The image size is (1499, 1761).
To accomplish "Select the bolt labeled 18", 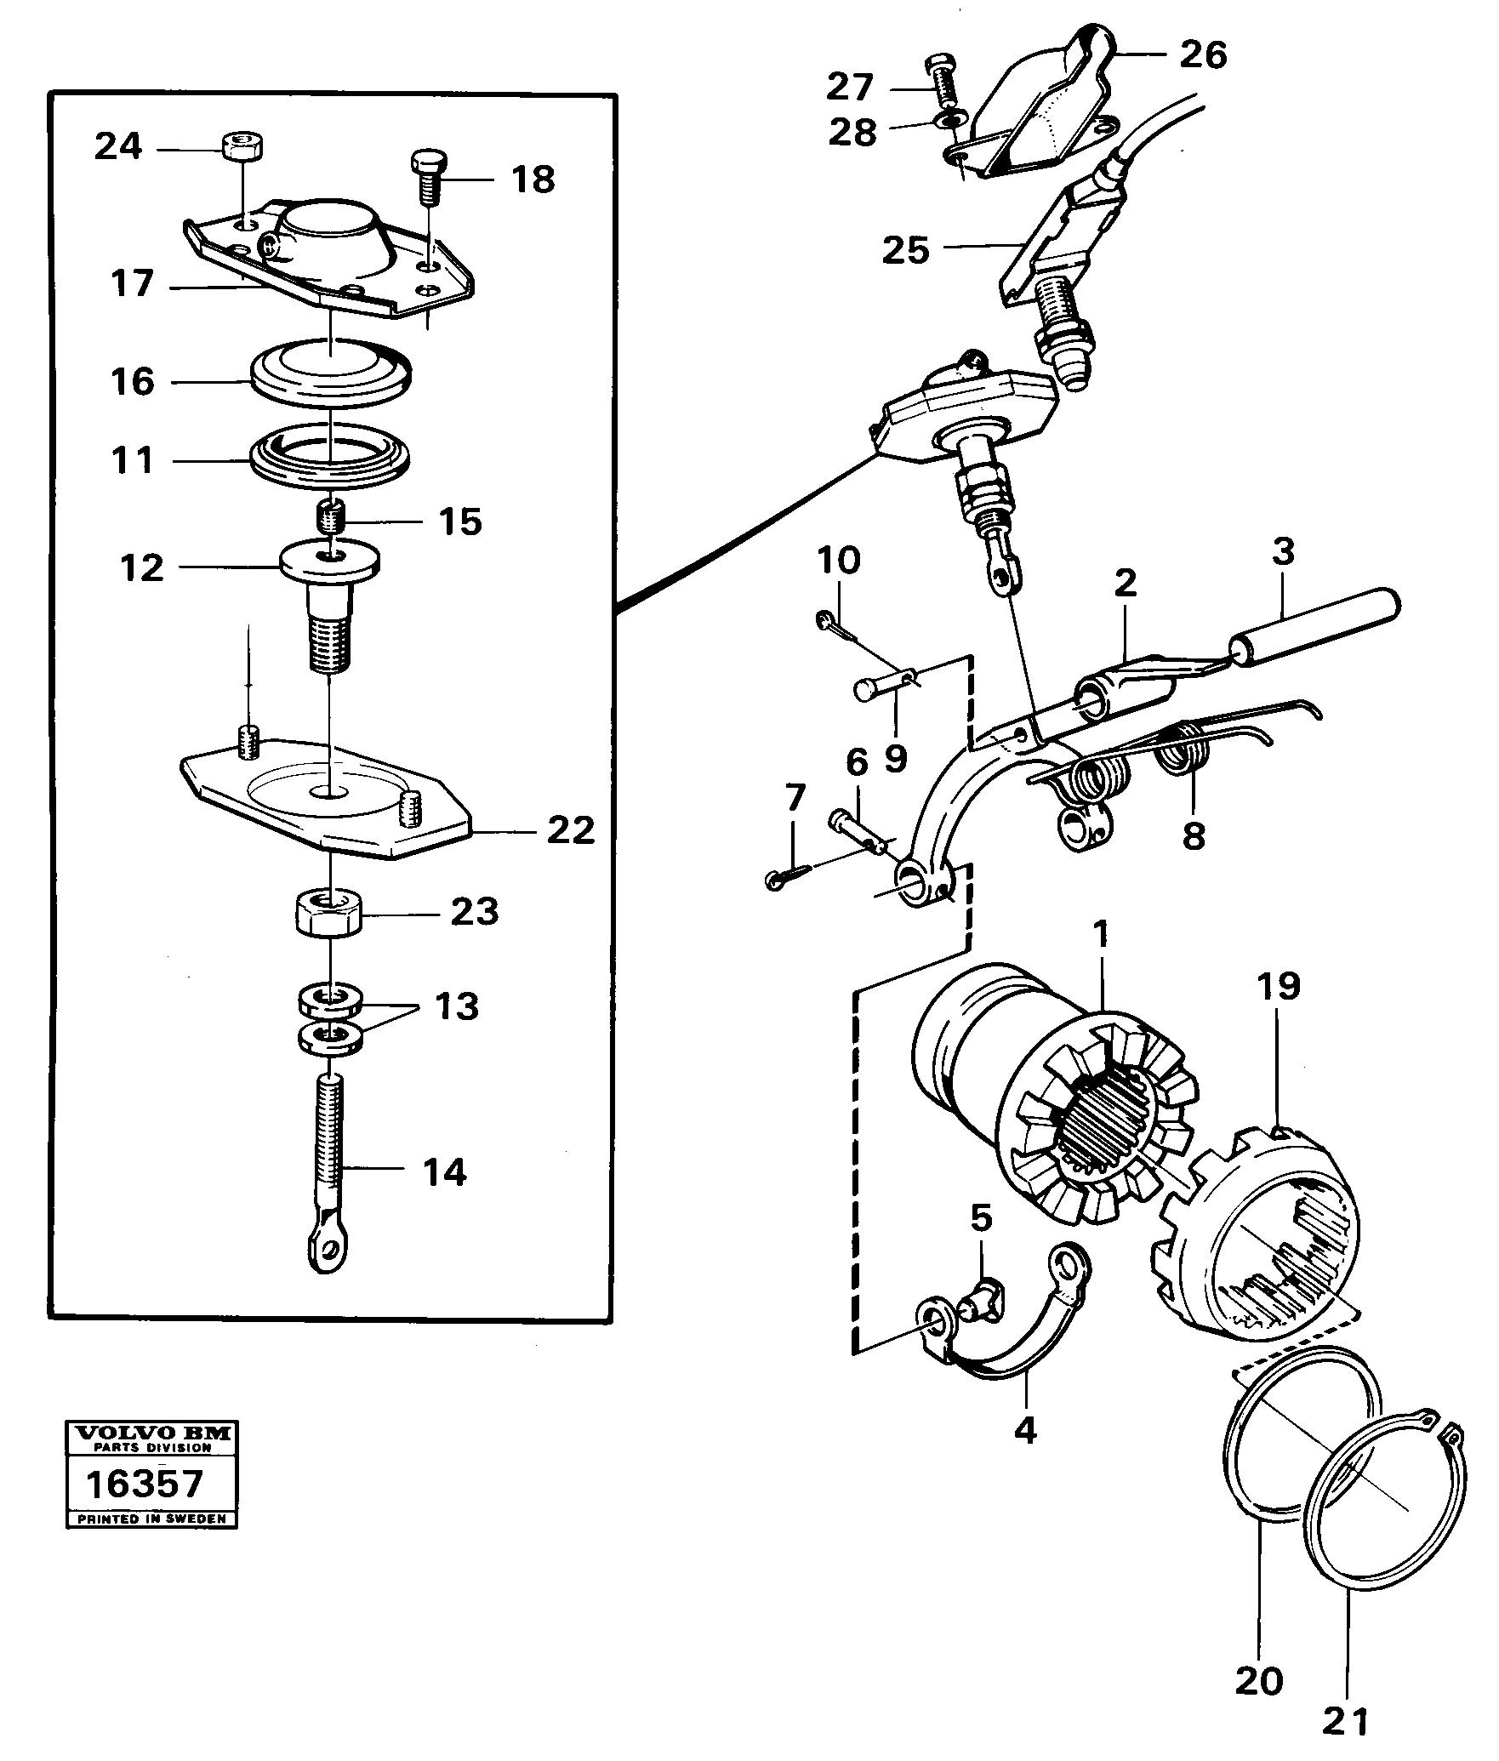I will click(x=428, y=176).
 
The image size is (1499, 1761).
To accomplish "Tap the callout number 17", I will click(x=133, y=283).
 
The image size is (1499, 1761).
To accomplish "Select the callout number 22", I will click(x=569, y=829).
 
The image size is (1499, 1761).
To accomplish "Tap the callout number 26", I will click(x=1203, y=54).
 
